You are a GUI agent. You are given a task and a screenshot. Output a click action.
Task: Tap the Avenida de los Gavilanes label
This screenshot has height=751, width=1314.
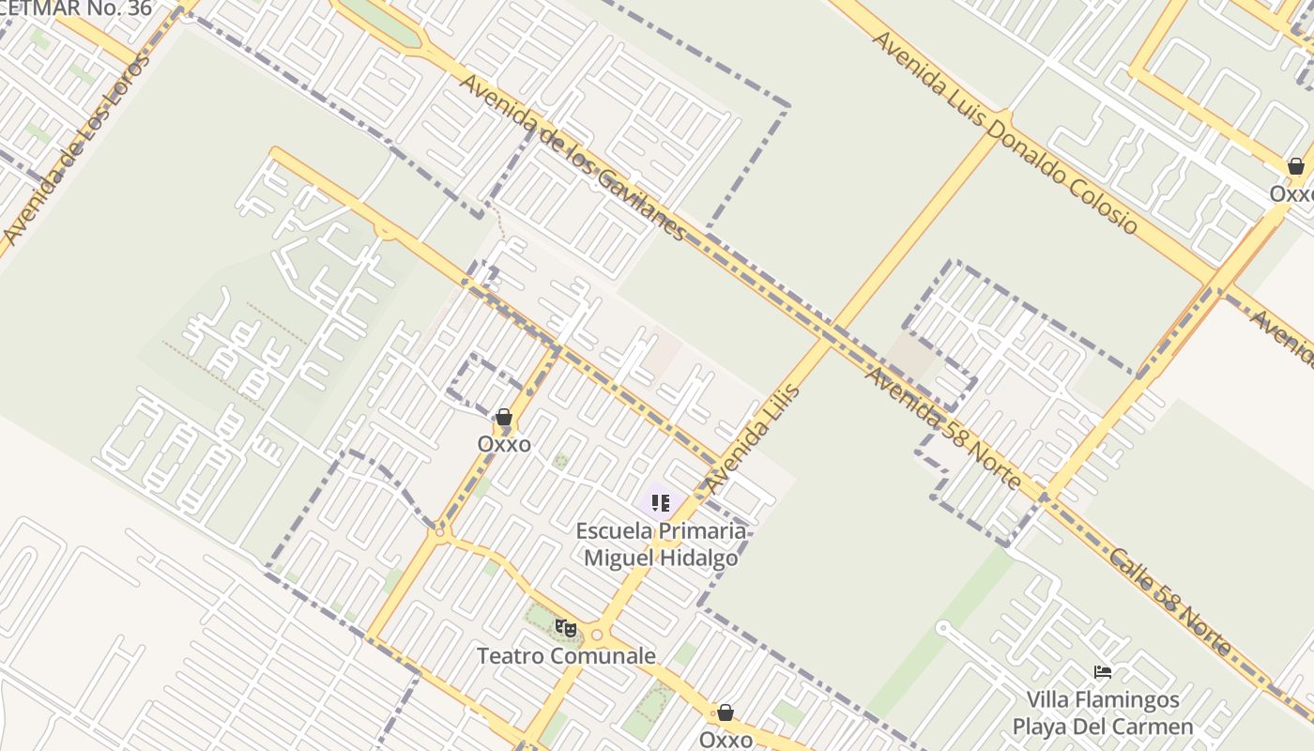[572, 156]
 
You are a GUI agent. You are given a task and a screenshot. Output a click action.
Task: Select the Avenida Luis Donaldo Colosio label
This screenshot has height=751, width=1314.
[1004, 132]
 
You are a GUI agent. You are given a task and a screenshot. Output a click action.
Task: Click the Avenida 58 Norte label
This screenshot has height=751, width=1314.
[942, 428]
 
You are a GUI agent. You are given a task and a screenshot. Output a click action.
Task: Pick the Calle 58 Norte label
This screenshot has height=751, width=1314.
[1169, 601]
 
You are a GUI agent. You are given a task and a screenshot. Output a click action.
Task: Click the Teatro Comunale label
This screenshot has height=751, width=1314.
[566, 655]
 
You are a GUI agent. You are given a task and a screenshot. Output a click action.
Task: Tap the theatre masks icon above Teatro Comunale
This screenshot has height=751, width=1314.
[565, 627]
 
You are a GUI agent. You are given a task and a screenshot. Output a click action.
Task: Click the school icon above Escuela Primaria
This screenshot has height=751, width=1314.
[661, 503]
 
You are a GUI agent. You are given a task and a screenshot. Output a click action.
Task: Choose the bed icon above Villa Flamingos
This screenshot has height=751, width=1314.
[1103, 672]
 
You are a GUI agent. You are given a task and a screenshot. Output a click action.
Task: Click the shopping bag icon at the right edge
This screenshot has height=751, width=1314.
[1296, 167]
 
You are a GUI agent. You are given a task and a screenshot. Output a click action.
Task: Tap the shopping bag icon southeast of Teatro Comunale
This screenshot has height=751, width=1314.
[726, 713]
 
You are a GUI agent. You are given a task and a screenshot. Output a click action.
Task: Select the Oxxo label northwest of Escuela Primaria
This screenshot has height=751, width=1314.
[504, 444]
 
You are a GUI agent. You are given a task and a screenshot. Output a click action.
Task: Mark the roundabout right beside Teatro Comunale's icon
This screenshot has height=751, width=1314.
[596, 635]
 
